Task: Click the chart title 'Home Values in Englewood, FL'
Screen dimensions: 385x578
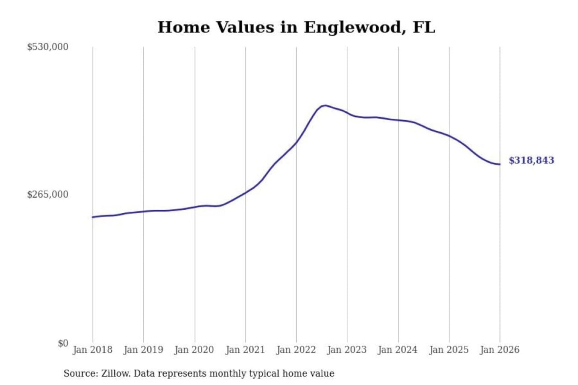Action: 296,27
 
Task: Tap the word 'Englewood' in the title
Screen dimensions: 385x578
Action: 352,27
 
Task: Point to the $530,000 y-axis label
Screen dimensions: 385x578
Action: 48,47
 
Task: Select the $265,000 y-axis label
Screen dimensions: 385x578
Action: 48,195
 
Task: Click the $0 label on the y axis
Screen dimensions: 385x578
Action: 63,343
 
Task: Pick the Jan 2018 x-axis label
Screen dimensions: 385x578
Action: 92,350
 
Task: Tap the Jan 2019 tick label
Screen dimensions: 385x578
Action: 143,350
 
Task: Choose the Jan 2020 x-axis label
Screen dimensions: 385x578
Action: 194,350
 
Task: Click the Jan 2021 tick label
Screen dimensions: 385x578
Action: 245,350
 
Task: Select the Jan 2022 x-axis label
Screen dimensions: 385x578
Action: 296,350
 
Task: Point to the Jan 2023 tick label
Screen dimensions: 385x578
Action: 347,350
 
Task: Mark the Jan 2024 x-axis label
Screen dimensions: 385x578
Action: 398,350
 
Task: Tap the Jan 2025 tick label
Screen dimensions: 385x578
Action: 449,350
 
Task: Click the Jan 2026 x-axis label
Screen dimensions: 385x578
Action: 500,350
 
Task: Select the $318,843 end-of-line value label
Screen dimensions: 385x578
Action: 531,160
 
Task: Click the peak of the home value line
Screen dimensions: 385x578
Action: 325,105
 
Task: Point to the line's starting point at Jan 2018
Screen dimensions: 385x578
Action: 93,217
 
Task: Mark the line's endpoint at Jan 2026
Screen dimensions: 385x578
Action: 500,164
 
